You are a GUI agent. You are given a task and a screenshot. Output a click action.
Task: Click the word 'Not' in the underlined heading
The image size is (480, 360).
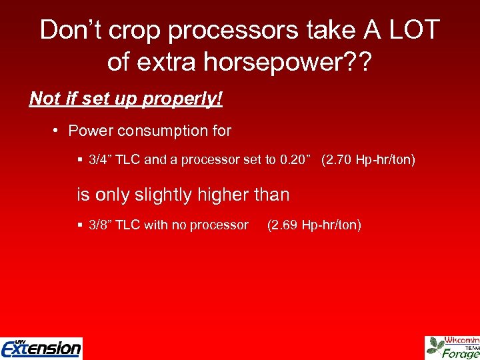(x=45, y=99)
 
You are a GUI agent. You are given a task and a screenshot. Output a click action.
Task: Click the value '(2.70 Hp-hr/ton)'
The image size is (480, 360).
(x=368, y=160)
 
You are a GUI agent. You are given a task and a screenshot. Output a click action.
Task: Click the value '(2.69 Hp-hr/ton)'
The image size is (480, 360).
(x=314, y=225)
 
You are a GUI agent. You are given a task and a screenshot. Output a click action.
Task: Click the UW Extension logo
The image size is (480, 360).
(x=41, y=347)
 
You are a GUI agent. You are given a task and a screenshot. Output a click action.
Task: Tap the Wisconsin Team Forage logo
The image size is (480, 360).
(x=453, y=347)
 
